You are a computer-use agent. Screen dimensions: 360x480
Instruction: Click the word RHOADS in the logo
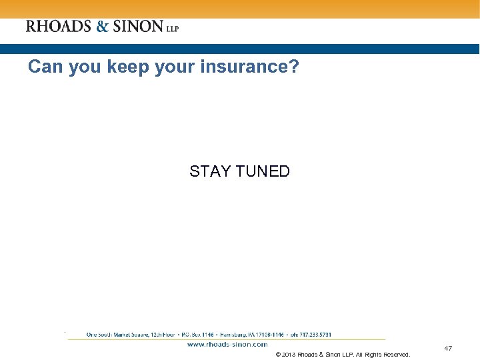(59, 27)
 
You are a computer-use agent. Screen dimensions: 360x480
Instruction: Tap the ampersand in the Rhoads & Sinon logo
(103, 27)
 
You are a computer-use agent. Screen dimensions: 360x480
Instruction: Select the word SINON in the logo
(138, 27)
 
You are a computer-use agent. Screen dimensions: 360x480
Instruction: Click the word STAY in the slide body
(209, 171)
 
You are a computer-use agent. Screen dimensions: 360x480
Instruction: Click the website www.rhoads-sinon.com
(227, 345)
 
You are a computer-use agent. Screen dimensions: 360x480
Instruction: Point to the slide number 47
(448, 348)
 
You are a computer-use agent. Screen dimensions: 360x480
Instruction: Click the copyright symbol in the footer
(277, 355)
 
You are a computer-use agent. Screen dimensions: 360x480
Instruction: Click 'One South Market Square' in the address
(113, 335)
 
